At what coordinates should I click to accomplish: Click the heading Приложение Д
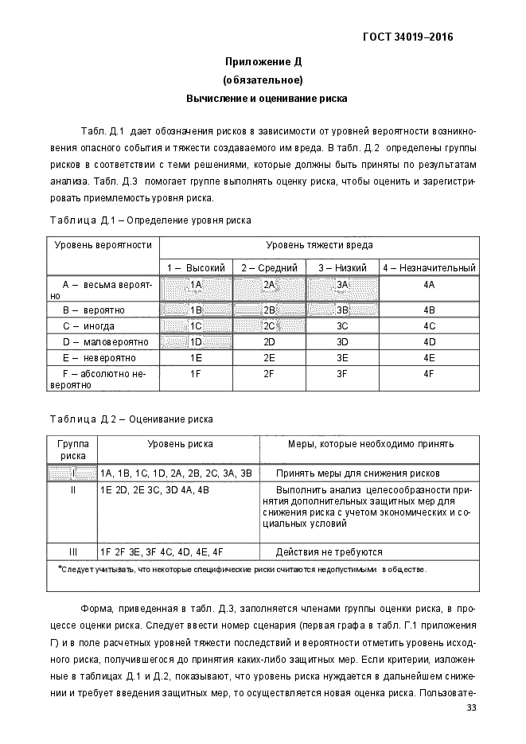pyautogui.click(x=263, y=61)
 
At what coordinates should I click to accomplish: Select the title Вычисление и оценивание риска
pyautogui.click(x=263, y=99)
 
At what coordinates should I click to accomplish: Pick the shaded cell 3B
pyautogui.click(x=342, y=310)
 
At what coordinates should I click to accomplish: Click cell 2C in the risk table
pyautogui.click(x=269, y=325)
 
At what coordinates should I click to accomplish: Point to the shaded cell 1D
pyautogui.click(x=196, y=342)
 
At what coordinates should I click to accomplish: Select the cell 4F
pyautogui.click(x=429, y=373)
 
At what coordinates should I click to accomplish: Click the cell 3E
pyautogui.click(x=342, y=358)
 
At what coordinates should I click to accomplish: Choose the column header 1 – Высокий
pyautogui.click(x=196, y=268)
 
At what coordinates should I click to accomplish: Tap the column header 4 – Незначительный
pyautogui.click(x=429, y=268)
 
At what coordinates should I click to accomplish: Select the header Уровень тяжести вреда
pyautogui.click(x=319, y=245)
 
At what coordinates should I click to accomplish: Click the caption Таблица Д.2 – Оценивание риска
pyautogui.click(x=131, y=419)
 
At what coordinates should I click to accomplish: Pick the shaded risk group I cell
pyautogui.click(x=72, y=473)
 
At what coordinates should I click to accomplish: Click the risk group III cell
pyautogui.click(x=72, y=551)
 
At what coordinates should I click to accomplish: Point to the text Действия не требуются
pyautogui.click(x=329, y=551)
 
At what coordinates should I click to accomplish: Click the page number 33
pyautogui.click(x=471, y=708)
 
